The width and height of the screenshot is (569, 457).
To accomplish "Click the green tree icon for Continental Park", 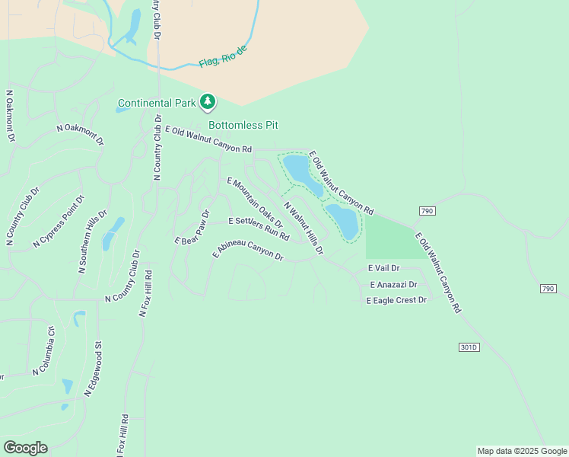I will point(208,101).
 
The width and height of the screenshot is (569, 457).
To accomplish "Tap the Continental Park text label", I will point(157,103).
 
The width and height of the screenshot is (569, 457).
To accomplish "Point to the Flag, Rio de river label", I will point(224,56).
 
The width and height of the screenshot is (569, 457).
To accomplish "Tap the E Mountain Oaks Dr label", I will point(255,203).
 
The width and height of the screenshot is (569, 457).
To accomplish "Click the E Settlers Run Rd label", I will point(259,228).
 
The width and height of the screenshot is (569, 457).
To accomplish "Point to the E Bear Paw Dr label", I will point(192,228).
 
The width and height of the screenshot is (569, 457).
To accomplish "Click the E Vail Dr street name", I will point(383,268).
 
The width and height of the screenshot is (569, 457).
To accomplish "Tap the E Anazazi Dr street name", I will point(393,285).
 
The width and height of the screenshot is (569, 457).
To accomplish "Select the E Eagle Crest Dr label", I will point(396,301).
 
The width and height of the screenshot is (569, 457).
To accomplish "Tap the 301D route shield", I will point(470,347).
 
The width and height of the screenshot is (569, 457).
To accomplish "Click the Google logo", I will point(25,448).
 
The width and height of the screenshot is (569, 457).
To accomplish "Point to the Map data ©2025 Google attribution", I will point(522,451).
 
